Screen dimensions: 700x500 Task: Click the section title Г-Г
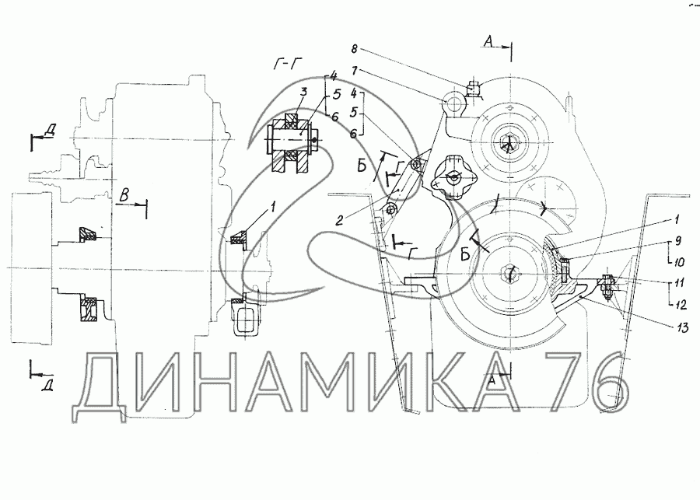287,65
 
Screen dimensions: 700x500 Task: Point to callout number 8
354,49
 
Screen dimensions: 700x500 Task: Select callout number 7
355,71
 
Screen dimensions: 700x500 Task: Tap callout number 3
303,93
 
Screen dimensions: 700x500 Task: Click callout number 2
340,220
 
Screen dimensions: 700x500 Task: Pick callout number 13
682,329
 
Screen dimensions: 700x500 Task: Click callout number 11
680,284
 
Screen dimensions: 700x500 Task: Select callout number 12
680,305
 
